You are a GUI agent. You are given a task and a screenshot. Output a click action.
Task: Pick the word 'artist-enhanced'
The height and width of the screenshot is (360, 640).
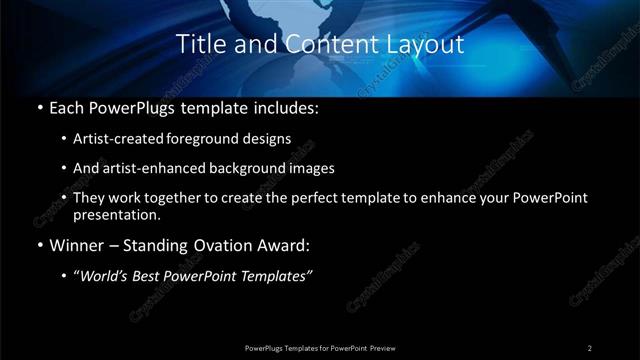pos(155,168)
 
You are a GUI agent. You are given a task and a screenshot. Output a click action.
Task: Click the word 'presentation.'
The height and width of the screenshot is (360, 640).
pos(116,214)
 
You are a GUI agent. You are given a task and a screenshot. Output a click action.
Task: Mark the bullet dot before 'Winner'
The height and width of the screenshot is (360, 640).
pos(38,245)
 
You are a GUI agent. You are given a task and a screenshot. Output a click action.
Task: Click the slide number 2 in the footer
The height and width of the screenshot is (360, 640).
pos(590,348)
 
